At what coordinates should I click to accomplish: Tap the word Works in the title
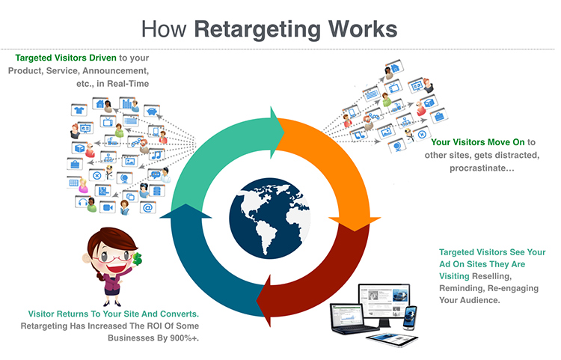363,28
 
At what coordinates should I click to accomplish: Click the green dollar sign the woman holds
137,259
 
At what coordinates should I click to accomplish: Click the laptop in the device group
349,320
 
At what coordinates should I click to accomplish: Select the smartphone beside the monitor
410,317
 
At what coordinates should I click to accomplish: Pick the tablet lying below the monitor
392,340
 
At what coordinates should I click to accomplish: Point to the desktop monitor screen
384,302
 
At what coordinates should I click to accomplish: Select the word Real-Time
128,84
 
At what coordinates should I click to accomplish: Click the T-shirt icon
79,110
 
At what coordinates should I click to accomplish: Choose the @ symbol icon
148,207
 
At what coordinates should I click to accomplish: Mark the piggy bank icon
152,112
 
